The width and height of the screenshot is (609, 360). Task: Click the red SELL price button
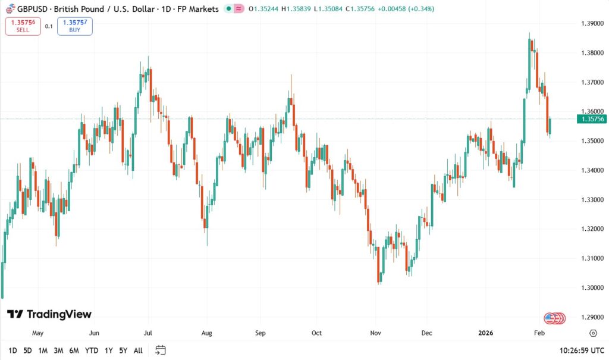tap(23, 26)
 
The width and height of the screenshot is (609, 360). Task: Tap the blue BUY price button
tap(75, 26)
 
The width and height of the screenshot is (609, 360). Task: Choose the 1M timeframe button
tap(43, 350)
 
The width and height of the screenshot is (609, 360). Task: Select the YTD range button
tap(92, 350)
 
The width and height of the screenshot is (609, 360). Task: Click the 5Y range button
tap(123, 350)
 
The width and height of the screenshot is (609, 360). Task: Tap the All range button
tap(138, 350)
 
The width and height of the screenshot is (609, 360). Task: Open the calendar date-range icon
tap(161, 350)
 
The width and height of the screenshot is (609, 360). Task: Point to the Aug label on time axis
tap(206, 333)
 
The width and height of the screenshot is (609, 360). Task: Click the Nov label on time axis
tap(375, 333)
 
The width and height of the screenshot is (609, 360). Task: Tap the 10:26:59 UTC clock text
tap(580, 350)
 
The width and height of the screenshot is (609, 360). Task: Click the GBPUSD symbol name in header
tap(34, 9)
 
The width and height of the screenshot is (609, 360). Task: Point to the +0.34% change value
tap(422, 9)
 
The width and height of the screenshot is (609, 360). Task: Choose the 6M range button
tap(74, 350)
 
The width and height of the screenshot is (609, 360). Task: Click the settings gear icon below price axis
tap(593, 333)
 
